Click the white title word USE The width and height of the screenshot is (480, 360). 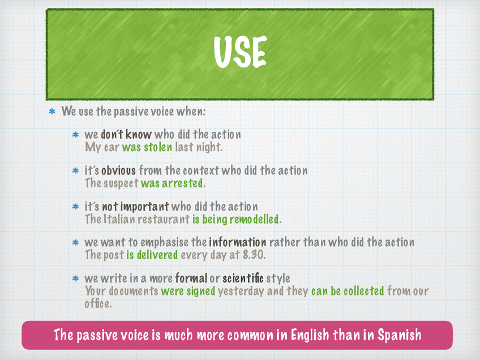[241, 52]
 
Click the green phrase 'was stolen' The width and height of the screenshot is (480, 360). [147, 147]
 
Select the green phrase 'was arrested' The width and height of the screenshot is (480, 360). [172, 183]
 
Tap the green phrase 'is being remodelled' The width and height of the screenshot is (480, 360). [235, 219]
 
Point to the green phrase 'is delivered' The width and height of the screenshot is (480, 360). [152, 255]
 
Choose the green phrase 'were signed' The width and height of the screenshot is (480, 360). [188, 291]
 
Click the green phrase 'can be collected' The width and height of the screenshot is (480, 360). [348, 291]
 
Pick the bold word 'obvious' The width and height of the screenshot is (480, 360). [118, 170]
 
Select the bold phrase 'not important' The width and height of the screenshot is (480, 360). [135, 207]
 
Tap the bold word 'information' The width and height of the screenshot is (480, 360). [238, 242]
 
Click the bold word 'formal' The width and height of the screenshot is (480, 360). [191, 278]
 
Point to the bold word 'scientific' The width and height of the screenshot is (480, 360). [243, 278]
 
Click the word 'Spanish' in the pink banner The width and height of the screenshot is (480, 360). [399, 335]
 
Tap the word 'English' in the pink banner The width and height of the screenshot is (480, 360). [310, 335]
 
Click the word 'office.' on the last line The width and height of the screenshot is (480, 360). [98, 303]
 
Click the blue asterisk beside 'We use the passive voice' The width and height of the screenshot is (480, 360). [52, 112]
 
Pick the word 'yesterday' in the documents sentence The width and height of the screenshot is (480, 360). [241, 291]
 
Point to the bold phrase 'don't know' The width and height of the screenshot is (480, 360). [126, 134]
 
